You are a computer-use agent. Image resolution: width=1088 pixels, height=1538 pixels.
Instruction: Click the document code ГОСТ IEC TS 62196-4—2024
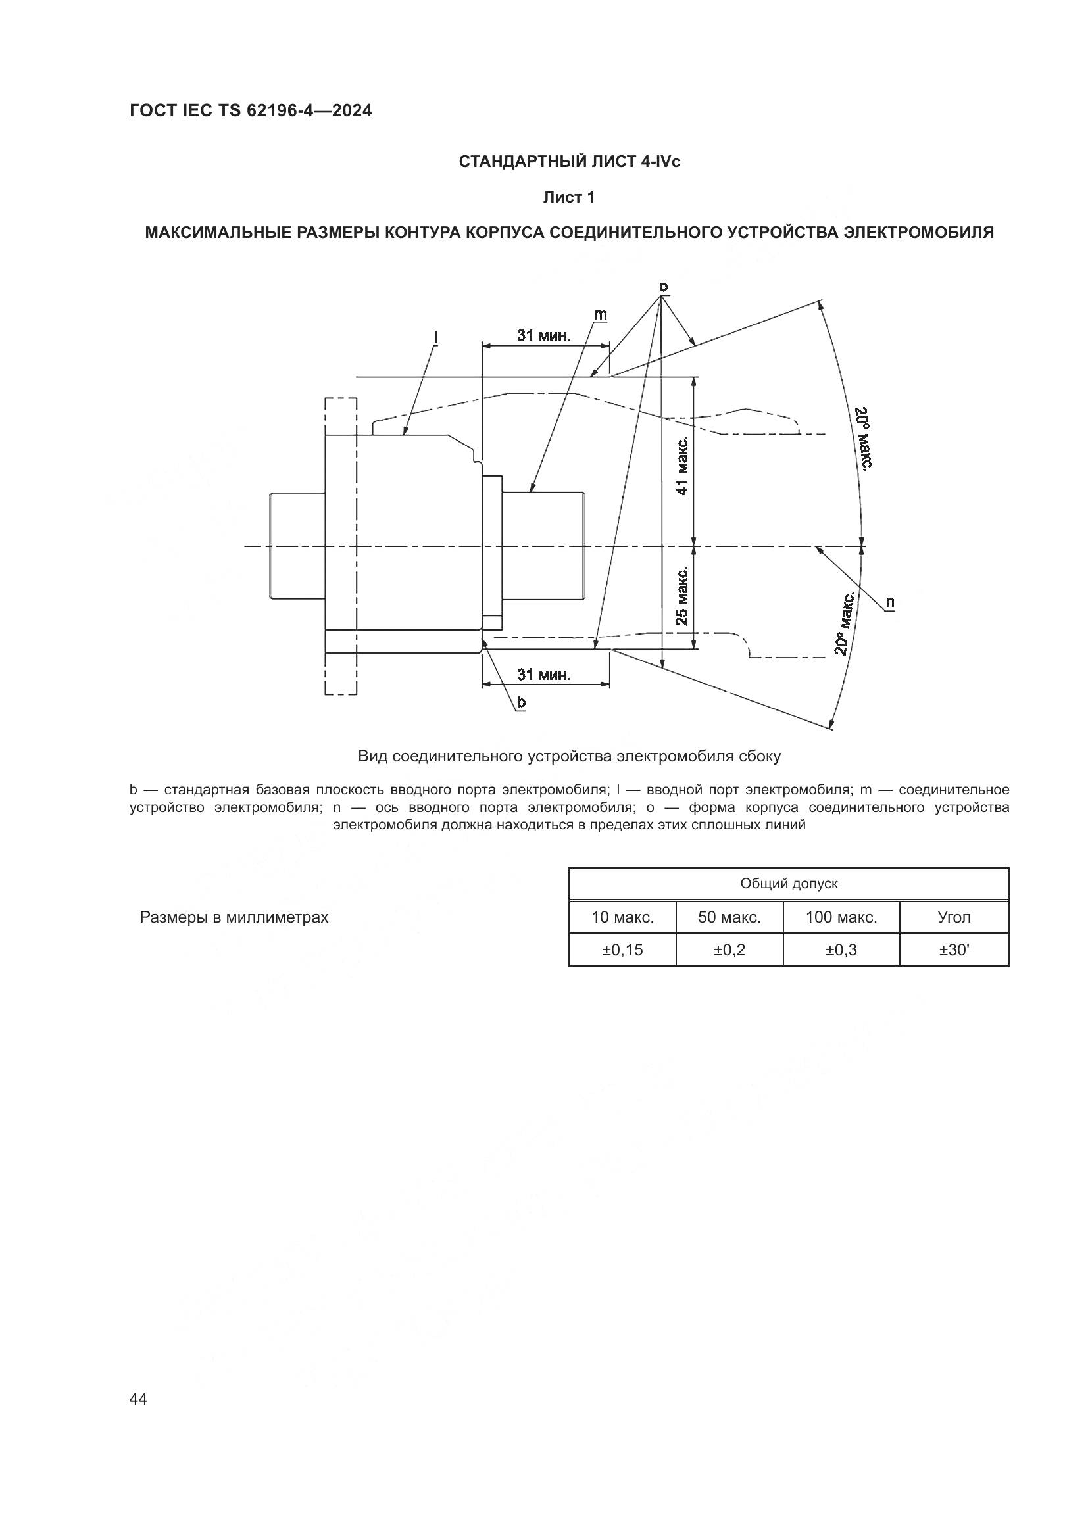tap(251, 110)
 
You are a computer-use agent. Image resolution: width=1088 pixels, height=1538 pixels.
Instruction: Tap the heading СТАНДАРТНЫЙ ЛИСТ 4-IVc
tap(570, 162)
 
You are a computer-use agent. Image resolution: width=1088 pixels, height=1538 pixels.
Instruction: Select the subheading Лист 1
tap(569, 197)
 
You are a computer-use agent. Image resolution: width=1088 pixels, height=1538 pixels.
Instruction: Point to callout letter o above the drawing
tap(663, 287)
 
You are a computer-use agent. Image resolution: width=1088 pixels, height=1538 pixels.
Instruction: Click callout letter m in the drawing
tap(600, 314)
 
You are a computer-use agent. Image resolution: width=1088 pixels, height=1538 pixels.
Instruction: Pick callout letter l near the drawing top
tap(435, 335)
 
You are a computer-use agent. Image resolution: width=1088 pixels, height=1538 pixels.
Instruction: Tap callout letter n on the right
tap(890, 602)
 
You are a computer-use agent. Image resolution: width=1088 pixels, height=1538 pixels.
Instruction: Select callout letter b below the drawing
tap(520, 702)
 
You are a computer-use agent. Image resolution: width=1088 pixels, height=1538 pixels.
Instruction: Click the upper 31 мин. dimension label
tap(543, 335)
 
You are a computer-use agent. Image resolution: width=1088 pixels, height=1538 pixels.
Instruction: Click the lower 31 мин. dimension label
tap(543, 675)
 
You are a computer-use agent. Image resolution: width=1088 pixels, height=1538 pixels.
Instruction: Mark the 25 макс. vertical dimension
tap(682, 596)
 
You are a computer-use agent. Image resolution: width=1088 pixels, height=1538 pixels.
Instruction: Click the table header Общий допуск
tap(789, 884)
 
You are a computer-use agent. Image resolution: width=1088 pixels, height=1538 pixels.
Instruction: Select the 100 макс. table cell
tap(841, 917)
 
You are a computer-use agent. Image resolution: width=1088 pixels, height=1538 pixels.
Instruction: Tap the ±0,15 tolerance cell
tap(622, 950)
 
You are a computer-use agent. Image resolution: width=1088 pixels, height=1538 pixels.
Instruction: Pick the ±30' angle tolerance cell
tap(954, 950)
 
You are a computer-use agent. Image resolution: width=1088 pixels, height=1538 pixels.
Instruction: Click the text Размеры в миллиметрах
tap(234, 917)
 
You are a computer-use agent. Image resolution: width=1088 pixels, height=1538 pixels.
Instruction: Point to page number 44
tap(138, 1399)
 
